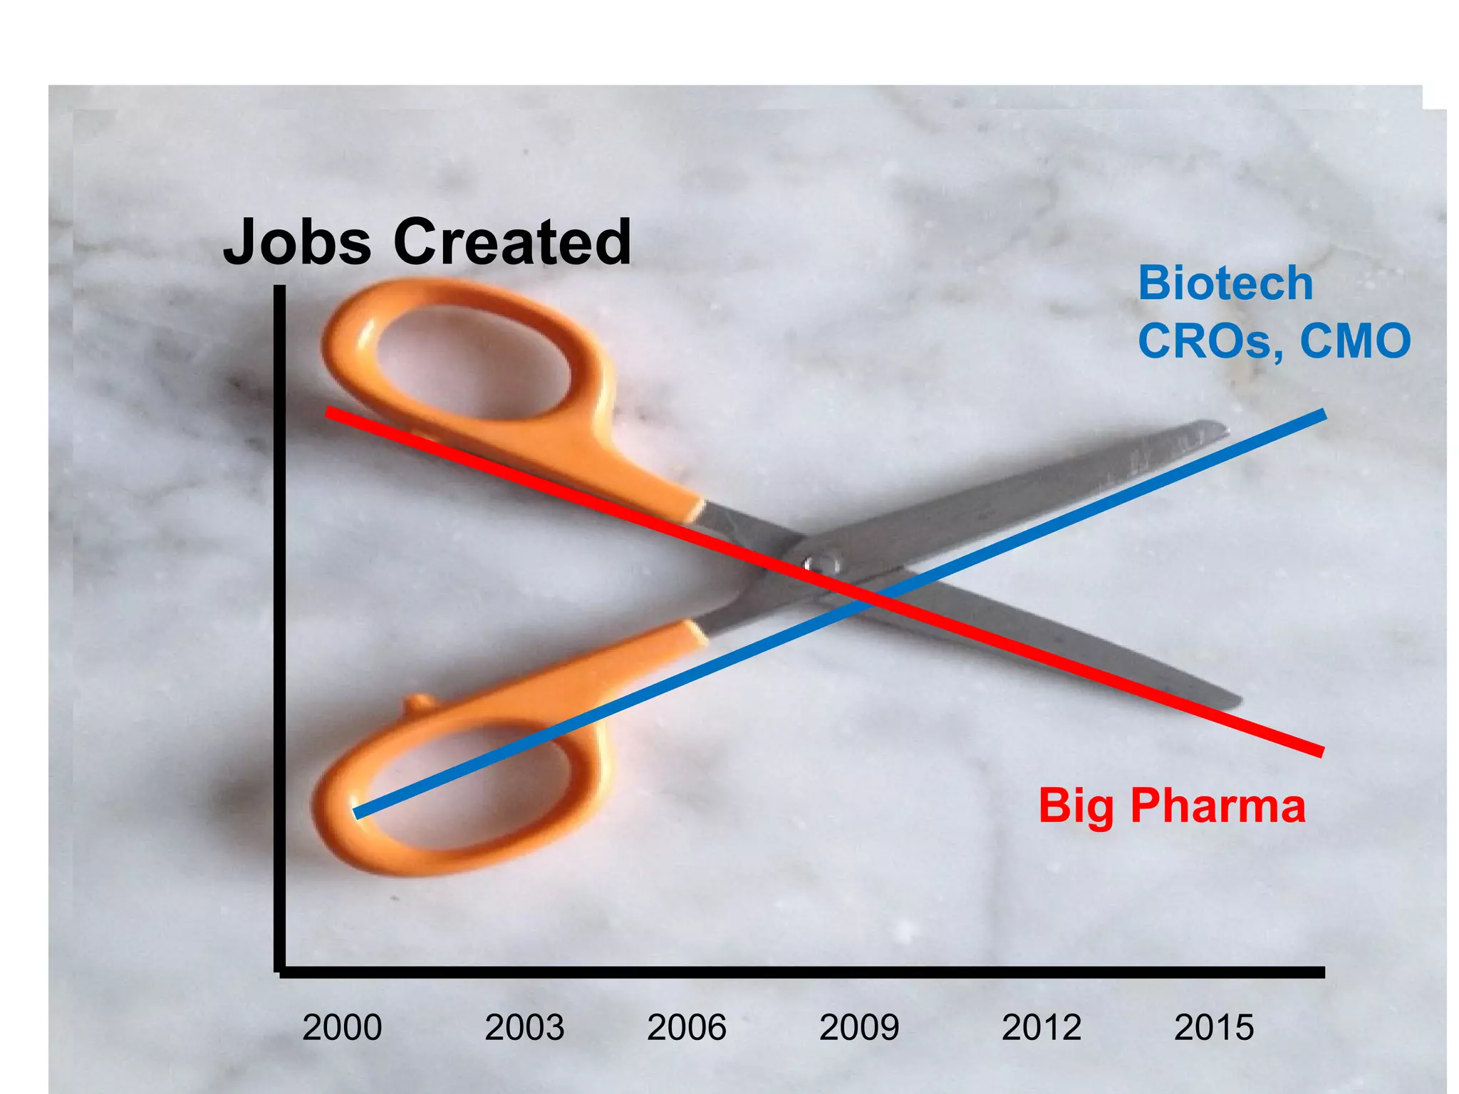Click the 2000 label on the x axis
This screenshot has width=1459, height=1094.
[x=342, y=1028]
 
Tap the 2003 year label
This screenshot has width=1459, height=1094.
[x=524, y=1028]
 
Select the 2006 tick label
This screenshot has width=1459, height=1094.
[x=687, y=1028]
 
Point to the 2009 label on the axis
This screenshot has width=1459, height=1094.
[x=859, y=1028]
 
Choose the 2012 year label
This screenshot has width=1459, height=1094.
[x=1042, y=1028]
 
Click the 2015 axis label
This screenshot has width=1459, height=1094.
[x=1214, y=1028]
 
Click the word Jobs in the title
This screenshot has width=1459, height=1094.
[x=297, y=242]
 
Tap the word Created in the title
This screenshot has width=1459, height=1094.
[x=512, y=242]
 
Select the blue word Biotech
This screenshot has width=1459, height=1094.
[x=1225, y=283]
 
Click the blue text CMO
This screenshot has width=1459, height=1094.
[x=1355, y=340]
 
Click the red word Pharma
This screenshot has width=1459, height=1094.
[x=1218, y=806]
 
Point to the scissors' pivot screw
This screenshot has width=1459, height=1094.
[x=821, y=564]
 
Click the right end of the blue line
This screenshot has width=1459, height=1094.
[x=1324, y=415]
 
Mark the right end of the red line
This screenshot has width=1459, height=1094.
[x=1322, y=752]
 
